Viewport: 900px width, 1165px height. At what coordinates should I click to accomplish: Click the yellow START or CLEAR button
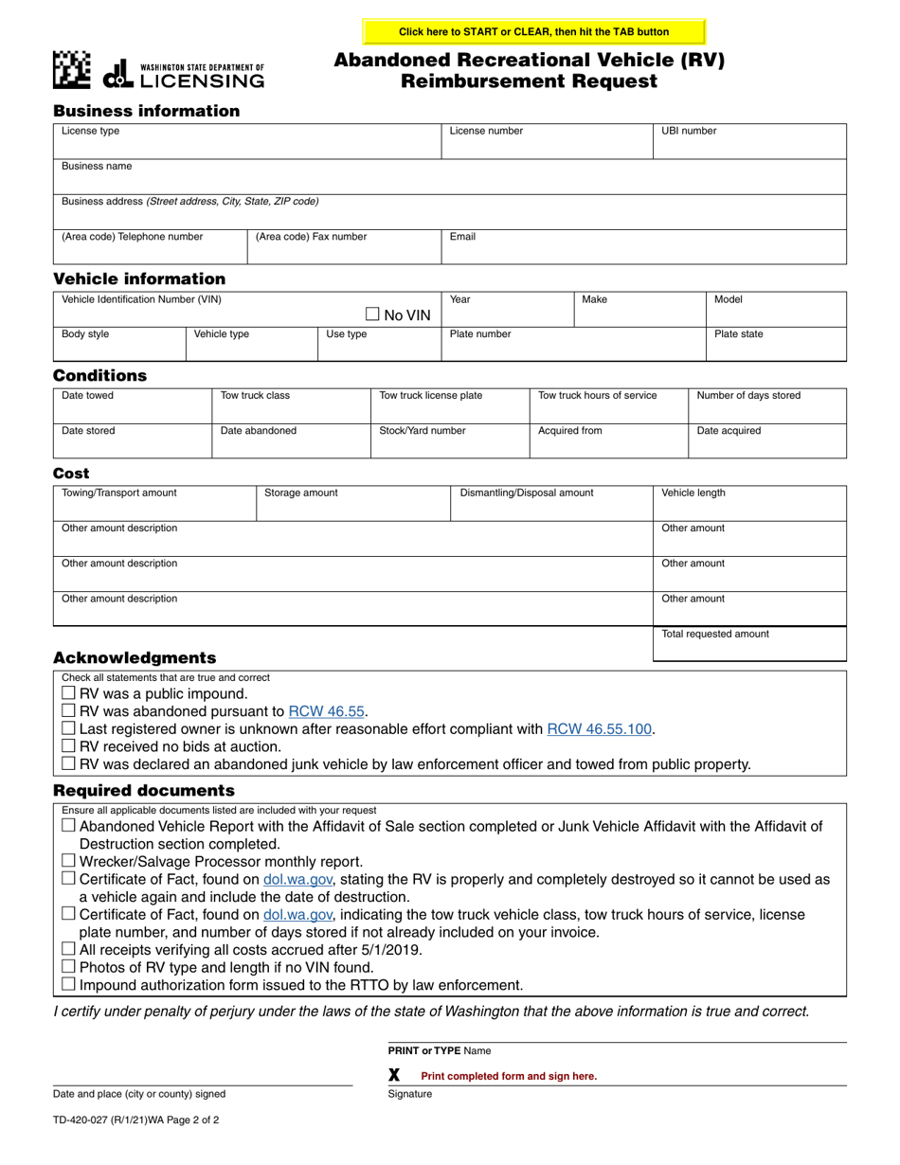pyautogui.click(x=534, y=31)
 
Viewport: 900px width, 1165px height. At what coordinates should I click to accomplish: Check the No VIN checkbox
pyautogui.click(x=372, y=314)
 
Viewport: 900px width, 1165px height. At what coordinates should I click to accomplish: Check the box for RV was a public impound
pyautogui.click(x=68, y=694)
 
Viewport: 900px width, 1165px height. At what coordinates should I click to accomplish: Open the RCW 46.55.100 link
pyautogui.click(x=600, y=729)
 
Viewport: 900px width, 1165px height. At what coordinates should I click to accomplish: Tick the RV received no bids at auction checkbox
pyautogui.click(x=68, y=746)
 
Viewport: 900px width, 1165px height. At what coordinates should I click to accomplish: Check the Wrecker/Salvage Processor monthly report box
pyautogui.click(x=68, y=861)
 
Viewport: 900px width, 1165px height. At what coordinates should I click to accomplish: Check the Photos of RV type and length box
pyautogui.click(x=68, y=967)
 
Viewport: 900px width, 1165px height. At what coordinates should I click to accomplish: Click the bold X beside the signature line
pyautogui.click(x=395, y=1075)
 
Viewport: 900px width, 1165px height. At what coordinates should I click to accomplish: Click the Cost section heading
pyautogui.click(x=71, y=474)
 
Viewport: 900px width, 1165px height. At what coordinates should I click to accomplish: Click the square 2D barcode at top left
pyautogui.click(x=72, y=69)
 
